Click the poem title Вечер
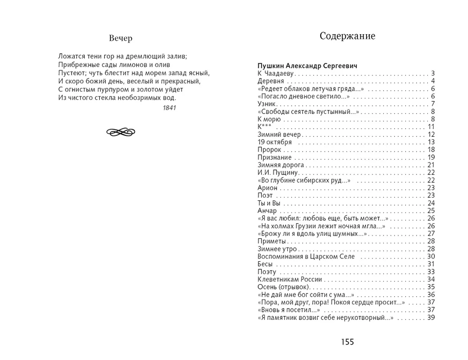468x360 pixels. (121, 38)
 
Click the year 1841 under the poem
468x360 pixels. (169, 108)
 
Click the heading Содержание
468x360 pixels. (347, 36)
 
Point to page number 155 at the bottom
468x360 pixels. (347, 342)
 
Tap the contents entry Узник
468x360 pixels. (267, 104)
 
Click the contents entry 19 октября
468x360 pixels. (275, 142)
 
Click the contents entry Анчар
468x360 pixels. (267, 211)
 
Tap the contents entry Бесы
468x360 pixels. (265, 264)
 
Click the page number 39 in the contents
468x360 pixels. (431, 317)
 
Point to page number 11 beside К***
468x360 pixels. (431, 127)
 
